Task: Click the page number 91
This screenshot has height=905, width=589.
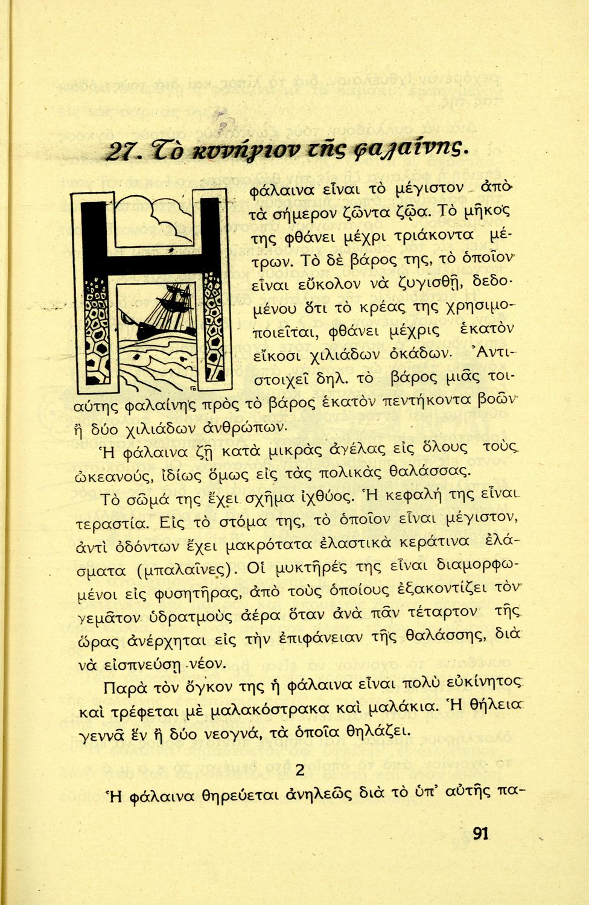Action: (x=480, y=834)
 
